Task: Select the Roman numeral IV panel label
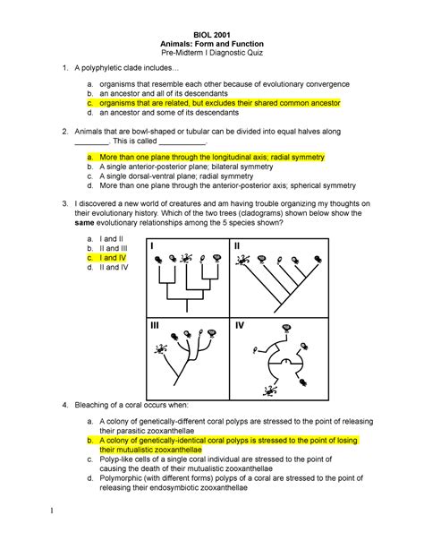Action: [x=240, y=329]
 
